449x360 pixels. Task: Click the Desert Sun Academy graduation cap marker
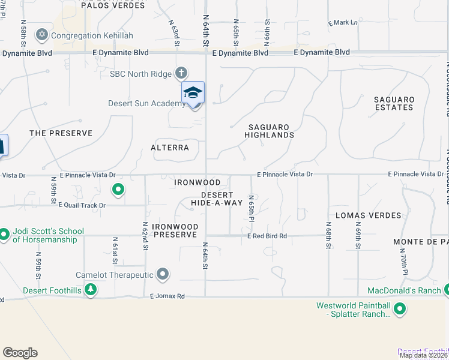coord(193,92)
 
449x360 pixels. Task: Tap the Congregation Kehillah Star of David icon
coord(42,34)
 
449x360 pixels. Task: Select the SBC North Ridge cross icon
coord(181,74)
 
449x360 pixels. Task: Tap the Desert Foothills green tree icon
coord(91,290)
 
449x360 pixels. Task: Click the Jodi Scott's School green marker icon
coord(4,233)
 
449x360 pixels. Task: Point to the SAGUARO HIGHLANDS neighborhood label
coord(269,131)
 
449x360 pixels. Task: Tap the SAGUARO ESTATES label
coord(394,103)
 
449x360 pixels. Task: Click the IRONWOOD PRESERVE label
coord(175,230)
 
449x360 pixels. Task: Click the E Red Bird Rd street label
coord(267,236)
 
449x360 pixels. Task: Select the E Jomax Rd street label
coord(164,296)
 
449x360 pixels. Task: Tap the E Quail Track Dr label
coord(82,205)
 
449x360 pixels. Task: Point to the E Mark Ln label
coord(342,23)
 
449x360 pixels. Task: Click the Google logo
coord(20,353)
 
